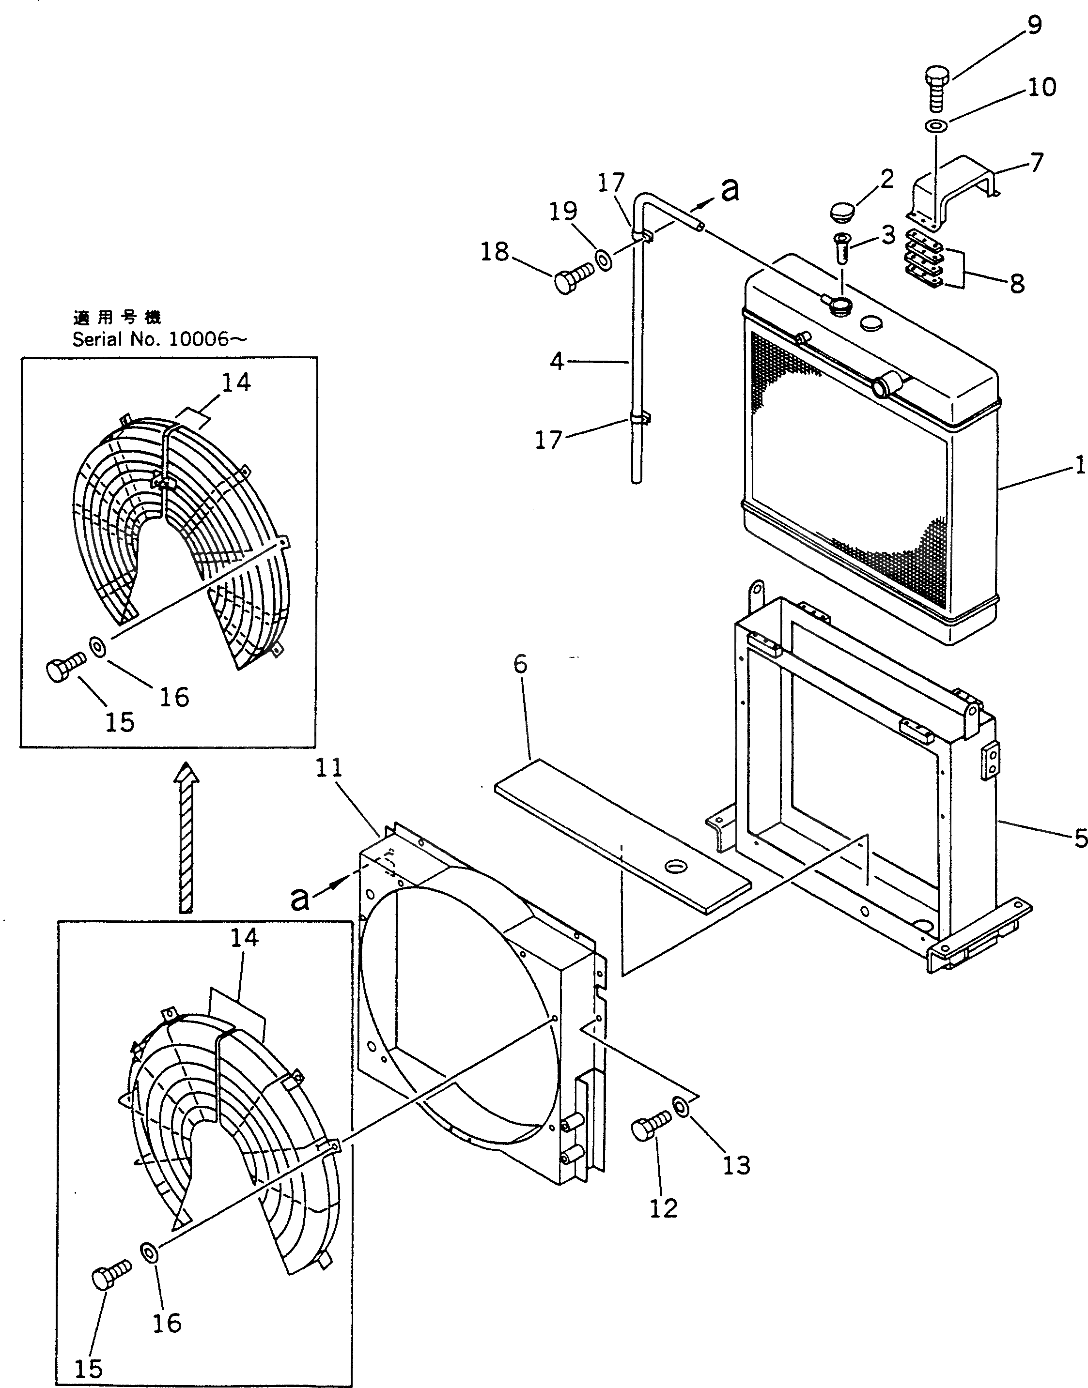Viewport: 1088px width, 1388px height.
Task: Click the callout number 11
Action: pyautogui.click(x=329, y=768)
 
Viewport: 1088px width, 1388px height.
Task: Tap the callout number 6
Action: pyautogui.click(x=520, y=664)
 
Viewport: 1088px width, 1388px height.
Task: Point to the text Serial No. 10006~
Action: pyautogui.click(x=159, y=339)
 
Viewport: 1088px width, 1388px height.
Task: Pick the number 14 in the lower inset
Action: pyautogui.click(x=245, y=937)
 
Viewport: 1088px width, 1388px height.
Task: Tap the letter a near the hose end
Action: pyautogui.click(x=730, y=190)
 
